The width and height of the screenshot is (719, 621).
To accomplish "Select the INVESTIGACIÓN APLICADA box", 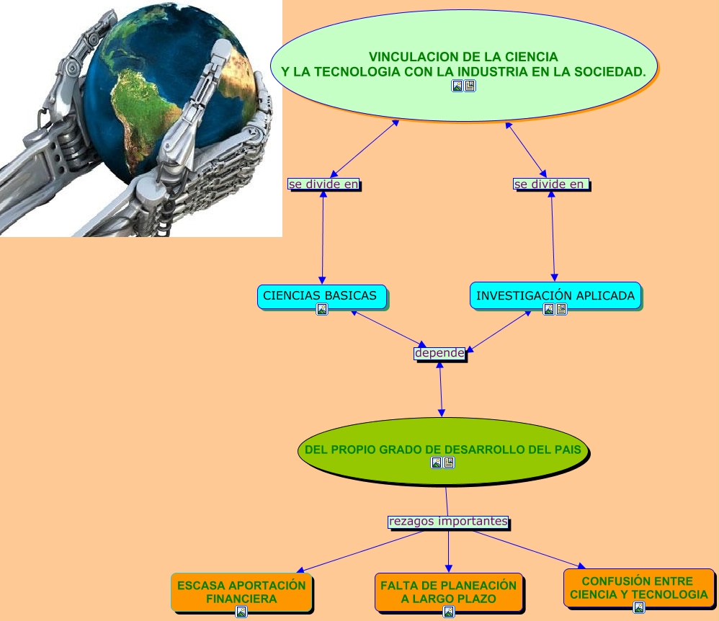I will [555, 295].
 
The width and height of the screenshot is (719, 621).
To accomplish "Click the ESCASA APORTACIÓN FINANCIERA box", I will [241, 591].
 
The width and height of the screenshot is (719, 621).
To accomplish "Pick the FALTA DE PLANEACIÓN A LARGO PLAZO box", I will [448, 591].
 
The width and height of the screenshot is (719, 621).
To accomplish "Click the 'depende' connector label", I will [439, 353].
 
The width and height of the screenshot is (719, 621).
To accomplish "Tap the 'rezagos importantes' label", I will [448, 521].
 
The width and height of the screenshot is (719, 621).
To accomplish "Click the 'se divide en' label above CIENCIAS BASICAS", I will [323, 184].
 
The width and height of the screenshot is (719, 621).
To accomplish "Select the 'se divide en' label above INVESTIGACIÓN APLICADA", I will [550, 184].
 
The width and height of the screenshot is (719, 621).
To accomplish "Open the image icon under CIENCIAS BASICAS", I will [322, 309].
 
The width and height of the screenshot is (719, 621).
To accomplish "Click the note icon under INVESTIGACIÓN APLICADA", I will [561, 309].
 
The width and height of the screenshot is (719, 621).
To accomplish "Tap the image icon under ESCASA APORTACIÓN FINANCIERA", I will [241, 612].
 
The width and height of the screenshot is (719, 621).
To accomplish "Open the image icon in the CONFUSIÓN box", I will [638, 607].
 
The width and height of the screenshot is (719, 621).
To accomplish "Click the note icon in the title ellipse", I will [470, 86].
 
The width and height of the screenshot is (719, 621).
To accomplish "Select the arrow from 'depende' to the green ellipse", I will [441, 389].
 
